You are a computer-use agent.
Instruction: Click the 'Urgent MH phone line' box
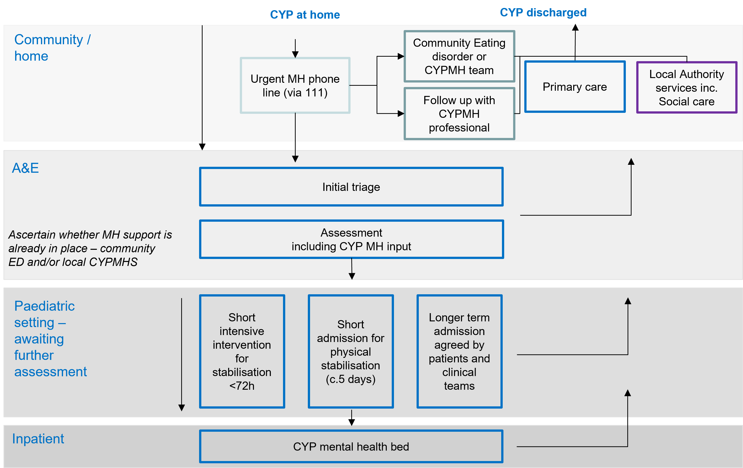(x=295, y=85)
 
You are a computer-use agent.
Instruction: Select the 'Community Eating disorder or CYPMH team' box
(x=459, y=56)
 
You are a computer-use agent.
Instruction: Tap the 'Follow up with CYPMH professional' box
(x=459, y=114)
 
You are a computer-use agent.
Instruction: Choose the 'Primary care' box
(x=575, y=87)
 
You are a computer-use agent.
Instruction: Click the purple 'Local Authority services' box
(x=687, y=88)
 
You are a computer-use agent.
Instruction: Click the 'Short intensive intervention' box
(x=242, y=351)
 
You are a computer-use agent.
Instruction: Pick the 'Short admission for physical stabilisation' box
(x=351, y=351)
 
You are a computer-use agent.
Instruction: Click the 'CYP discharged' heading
(x=543, y=12)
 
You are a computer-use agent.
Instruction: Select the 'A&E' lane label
(x=25, y=168)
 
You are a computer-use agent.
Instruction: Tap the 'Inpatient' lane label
(x=38, y=439)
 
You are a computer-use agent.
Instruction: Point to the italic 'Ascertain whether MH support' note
(x=90, y=248)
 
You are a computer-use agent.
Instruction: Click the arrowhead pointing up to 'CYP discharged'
(x=575, y=28)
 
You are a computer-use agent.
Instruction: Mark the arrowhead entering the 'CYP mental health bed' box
(x=352, y=422)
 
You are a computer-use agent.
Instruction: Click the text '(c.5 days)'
(x=351, y=379)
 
